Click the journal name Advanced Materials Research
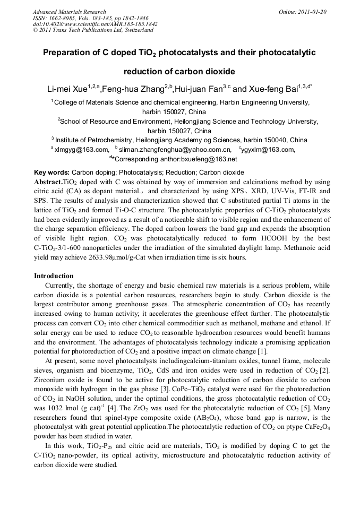click(69, 12)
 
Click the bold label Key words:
click(52, 172)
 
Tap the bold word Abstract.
click(48, 182)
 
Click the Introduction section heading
click(54, 276)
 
